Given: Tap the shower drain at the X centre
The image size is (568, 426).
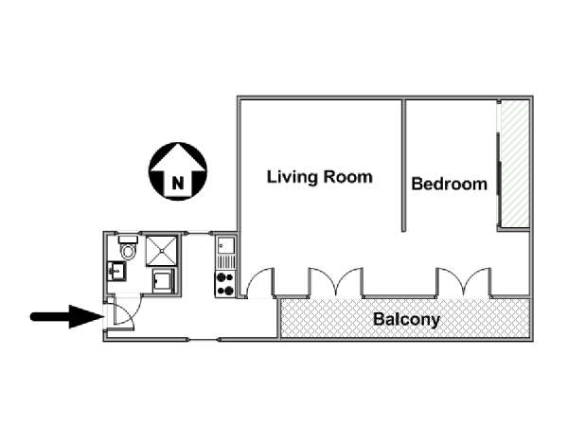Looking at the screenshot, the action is tap(162, 251).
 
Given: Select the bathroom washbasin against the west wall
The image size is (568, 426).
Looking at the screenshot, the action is tap(116, 271).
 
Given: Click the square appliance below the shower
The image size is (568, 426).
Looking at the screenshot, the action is tap(164, 281).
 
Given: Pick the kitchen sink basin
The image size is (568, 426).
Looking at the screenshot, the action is tap(225, 246).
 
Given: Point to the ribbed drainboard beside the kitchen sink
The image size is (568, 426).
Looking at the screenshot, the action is tap(225, 262).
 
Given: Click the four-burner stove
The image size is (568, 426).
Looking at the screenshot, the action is tap(225, 284).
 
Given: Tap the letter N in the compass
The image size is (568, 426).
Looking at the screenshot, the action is tap(178, 183).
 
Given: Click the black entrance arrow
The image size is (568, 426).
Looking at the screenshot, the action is tap(67, 316).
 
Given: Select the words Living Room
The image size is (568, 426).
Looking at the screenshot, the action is tap(320, 177).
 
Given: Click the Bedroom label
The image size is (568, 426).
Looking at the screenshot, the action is tap(449, 184).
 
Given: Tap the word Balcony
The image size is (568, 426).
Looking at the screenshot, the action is tap(406, 319).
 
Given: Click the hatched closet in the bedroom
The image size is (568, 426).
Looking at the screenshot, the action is tap(514, 164).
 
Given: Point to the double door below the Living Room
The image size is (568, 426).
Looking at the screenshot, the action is tap(336, 281).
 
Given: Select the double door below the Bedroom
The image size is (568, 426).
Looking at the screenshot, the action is tap(463, 281).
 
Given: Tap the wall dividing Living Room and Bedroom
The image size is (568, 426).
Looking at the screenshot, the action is tap(403, 166).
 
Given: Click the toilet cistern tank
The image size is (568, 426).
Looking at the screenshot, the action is tap(128, 240).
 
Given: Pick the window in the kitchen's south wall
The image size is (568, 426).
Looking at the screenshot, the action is tap(203, 340).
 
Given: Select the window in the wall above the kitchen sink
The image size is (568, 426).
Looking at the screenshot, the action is tap(200, 233).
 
